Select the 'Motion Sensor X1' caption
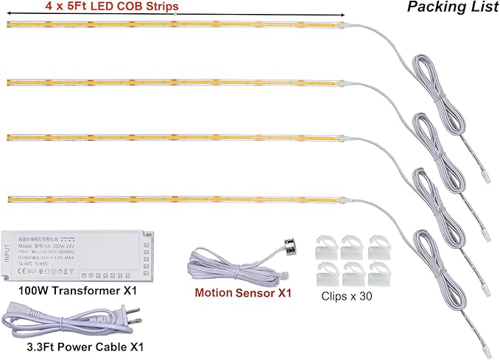click(x=243, y=293)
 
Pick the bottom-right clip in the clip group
click(x=377, y=272)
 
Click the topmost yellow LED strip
click(x=177, y=24)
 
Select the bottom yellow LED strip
click(x=177, y=198)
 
